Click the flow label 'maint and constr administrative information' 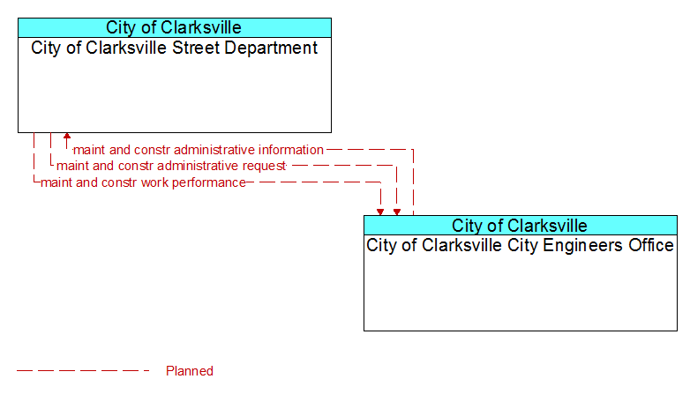198,150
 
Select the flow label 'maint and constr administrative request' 171,166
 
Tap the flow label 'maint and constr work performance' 143,182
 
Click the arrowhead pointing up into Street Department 67,136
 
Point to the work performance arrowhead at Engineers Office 380,212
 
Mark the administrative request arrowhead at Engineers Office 397,212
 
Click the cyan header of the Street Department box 175,27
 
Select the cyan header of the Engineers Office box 521,226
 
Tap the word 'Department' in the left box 271,48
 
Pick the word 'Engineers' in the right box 583,246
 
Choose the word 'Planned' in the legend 190,371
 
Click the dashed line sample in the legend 83,371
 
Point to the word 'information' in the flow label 291,150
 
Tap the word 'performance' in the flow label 209,183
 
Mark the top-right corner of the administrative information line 413,150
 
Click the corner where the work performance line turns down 380,182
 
